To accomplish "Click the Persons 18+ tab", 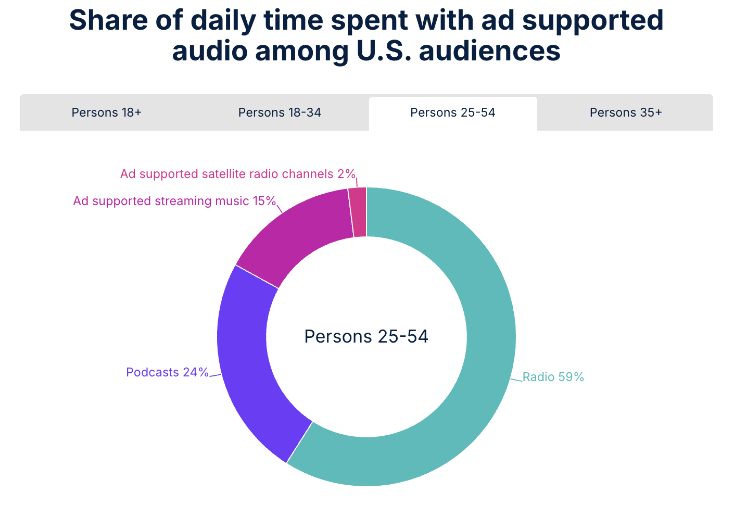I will point(106,112).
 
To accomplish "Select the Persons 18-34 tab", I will point(280,112).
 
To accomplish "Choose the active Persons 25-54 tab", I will point(452,112).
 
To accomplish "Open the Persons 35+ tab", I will point(625,112).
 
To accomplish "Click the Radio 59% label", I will point(553,377).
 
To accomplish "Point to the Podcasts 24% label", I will point(167,372).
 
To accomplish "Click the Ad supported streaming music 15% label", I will point(174,201).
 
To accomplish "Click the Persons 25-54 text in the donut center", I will point(366,336).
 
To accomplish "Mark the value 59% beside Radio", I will point(571,377).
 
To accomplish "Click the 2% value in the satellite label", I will point(346,174).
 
